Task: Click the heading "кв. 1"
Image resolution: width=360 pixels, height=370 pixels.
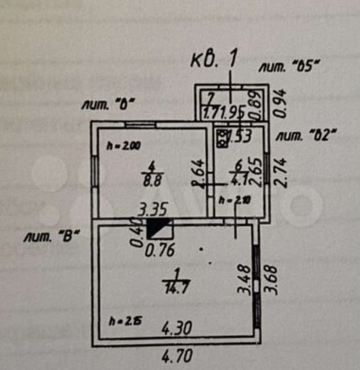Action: (215, 59)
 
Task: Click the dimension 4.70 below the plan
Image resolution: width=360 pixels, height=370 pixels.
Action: (177, 355)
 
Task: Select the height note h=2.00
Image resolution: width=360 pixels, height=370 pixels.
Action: (123, 145)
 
